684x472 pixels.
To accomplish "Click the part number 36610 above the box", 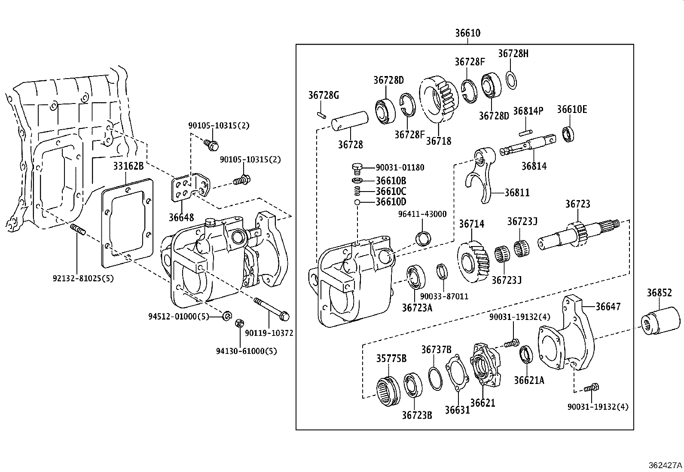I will pyautogui.click(x=467, y=33).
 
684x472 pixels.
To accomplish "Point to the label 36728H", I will pyautogui.click(x=513, y=54).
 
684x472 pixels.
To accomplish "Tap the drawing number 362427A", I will pyautogui.click(x=665, y=465).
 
